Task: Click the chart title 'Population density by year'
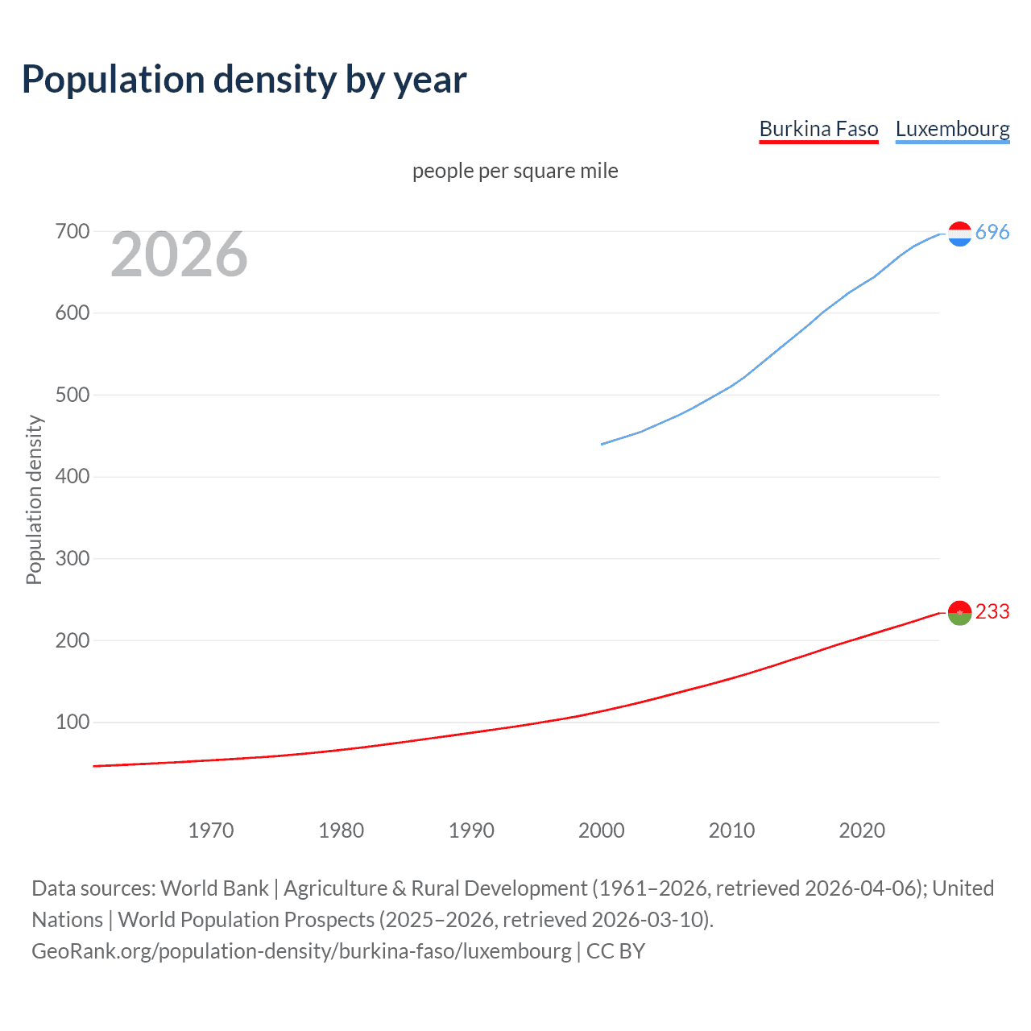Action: tap(244, 80)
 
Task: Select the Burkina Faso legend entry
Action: tap(818, 129)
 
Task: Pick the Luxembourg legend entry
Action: tap(952, 129)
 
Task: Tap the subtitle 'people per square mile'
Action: tap(515, 171)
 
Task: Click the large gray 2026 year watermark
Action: tap(179, 255)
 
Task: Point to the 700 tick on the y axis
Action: tap(72, 232)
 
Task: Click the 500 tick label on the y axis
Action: tap(72, 395)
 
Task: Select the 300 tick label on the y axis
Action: tap(72, 558)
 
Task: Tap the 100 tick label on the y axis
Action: tap(72, 722)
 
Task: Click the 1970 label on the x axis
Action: tap(211, 830)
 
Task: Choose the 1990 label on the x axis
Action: tap(471, 830)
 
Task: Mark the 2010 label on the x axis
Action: tap(731, 830)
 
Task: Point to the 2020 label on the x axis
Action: tap(862, 830)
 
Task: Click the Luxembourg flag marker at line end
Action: tap(959, 234)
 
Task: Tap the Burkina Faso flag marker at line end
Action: tap(959, 613)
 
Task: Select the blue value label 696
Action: tap(992, 232)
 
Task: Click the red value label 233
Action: tap(992, 612)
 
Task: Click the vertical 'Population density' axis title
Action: tap(34, 499)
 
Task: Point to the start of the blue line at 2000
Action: tap(602, 444)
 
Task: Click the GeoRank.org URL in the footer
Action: tap(301, 951)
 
